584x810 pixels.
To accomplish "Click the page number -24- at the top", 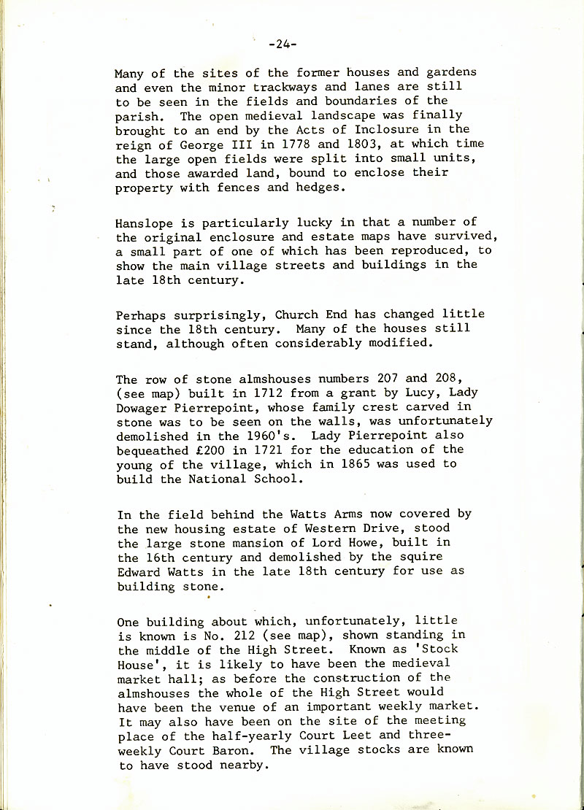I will point(282,45).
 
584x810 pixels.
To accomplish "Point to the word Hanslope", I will point(144,222).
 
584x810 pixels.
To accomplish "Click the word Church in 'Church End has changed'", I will point(297,315).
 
